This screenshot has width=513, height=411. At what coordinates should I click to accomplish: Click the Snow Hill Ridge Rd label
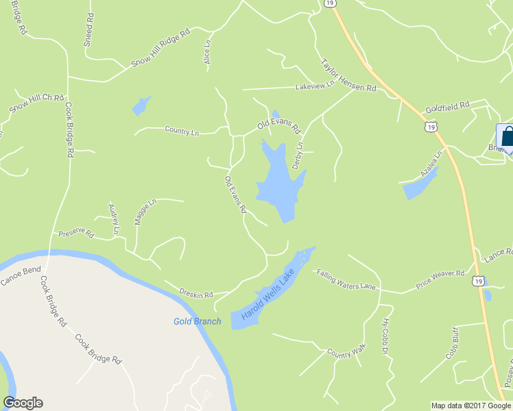160,49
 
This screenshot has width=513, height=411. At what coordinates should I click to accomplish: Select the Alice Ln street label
207,51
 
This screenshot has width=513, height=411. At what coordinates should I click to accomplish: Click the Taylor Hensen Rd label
348,75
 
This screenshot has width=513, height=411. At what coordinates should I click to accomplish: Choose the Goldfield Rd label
446,107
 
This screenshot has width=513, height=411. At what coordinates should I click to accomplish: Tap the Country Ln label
182,129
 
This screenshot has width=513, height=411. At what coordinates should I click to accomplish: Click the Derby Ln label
298,155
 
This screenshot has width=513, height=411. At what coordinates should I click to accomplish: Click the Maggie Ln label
146,212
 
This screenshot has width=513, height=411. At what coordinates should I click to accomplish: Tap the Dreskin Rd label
198,290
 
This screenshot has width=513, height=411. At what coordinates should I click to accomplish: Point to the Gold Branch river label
197,321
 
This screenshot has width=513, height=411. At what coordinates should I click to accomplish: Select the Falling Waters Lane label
346,280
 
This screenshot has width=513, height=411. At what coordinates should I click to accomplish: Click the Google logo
23,403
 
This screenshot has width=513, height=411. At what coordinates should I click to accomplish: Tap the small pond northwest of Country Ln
141,105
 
